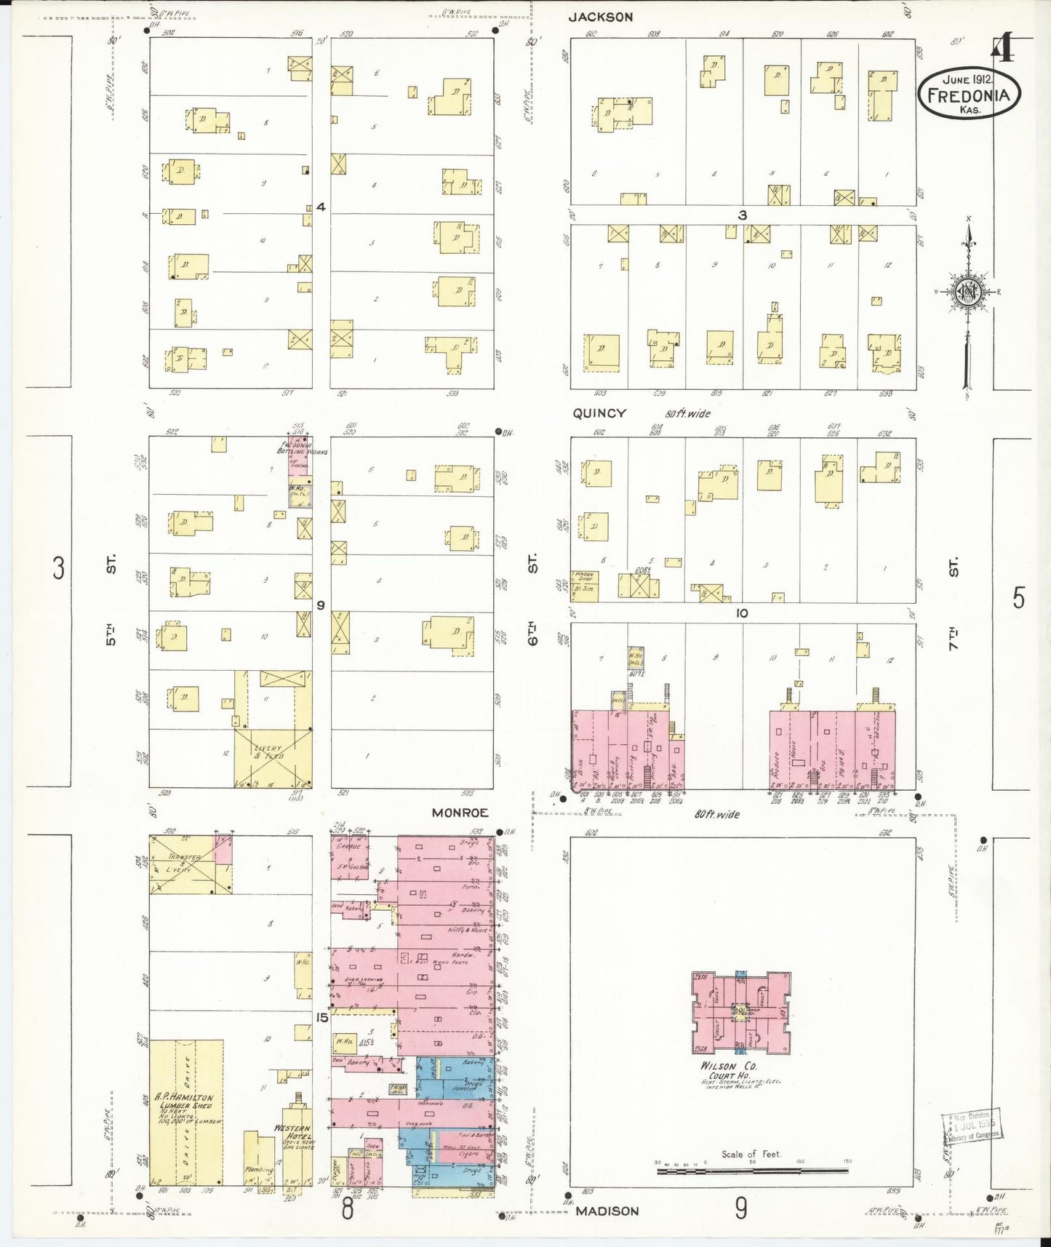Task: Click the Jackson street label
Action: click(x=600, y=17)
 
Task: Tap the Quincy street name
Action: click(x=599, y=413)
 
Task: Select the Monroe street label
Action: click(x=460, y=813)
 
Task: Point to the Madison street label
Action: click(x=607, y=1211)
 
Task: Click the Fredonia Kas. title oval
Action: click(x=969, y=93)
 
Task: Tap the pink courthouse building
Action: click(x=740, y=1012)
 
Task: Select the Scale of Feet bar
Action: click(x=751, y=1171)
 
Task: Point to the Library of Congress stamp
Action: click(x=971, y=1127)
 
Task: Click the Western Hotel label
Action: click(x=293, y=1131)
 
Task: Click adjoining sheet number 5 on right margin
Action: click(x=1018, y=598)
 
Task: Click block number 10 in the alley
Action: click(x=741, y=613)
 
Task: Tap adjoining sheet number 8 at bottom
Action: click(x=347, y=1210)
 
